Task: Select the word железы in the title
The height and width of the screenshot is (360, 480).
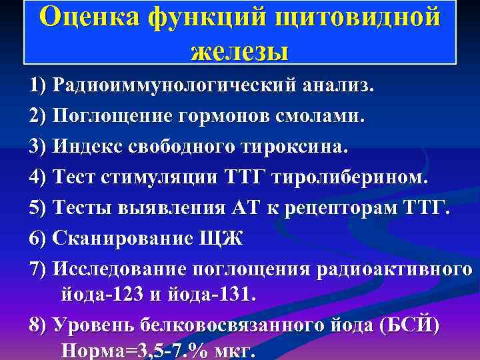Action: (x=239, y=50)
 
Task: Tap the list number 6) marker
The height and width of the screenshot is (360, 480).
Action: (x=38, y=238)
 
